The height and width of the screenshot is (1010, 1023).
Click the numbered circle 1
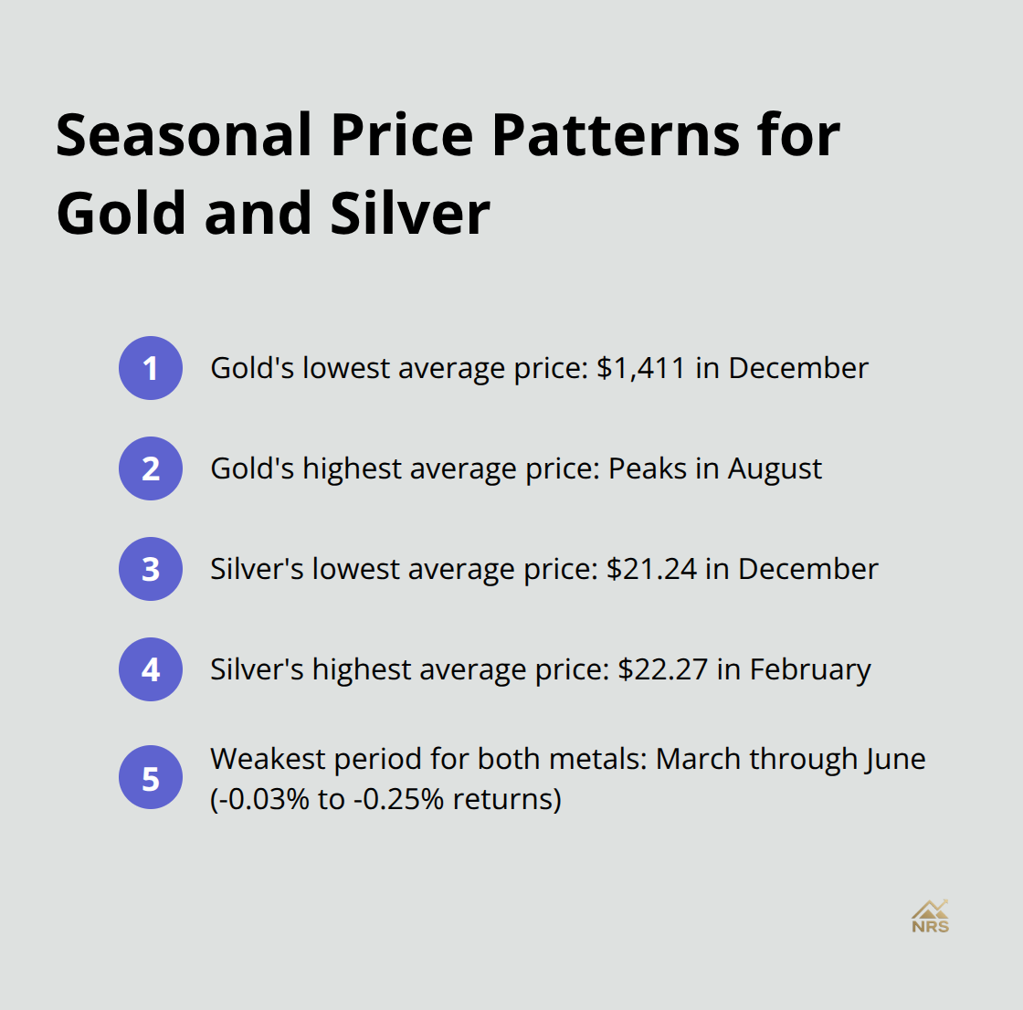151,368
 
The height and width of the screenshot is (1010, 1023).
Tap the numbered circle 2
151,468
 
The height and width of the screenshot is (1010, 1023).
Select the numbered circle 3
151,569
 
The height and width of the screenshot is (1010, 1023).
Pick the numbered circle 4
151,669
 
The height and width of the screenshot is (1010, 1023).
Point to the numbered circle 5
151,779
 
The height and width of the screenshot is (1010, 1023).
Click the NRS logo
930,916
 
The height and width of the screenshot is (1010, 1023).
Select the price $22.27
662,669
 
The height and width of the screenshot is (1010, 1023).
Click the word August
775,468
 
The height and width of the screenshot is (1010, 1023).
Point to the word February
810,669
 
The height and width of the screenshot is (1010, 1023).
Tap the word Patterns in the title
616,135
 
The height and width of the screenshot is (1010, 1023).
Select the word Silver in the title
410,214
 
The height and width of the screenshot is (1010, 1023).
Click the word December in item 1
798,368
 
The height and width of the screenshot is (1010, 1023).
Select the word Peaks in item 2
647,468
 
